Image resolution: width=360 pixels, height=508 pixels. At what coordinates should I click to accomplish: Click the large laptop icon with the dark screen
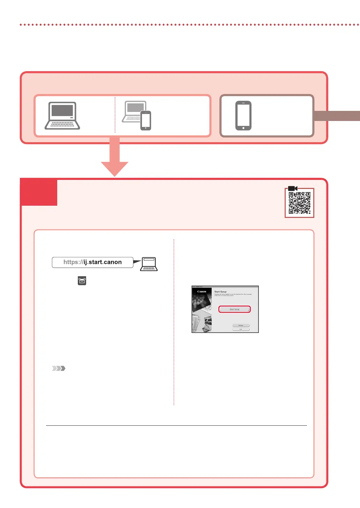[62, 116]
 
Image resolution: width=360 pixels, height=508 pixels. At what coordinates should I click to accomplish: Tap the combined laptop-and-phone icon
[137, 116]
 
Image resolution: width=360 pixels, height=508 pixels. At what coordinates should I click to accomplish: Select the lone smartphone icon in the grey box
[243, 116]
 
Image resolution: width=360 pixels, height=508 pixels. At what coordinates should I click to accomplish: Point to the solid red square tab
[39, 192]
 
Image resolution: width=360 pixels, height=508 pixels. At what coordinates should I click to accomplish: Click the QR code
[299, 203]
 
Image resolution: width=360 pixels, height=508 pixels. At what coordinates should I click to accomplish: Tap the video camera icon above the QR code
[292, 188]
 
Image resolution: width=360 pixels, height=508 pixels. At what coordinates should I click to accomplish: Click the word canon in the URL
[113, 262]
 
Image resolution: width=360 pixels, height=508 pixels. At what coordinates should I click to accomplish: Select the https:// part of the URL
[73, 262]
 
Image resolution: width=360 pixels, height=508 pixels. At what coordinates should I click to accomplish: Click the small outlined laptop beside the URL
[149, 264]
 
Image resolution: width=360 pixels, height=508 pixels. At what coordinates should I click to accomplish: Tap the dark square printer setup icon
[82, 281]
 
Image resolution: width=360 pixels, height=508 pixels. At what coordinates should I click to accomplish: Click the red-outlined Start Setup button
[234, 309]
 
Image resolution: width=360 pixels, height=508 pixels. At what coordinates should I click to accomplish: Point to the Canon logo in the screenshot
[202, 291]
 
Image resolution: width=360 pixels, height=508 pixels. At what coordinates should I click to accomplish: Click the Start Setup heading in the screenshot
[220, 291]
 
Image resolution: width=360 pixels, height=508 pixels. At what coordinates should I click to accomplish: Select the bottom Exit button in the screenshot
[241, 329]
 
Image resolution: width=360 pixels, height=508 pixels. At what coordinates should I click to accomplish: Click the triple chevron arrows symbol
[59, 368]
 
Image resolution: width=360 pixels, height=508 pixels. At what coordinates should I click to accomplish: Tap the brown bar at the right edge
[337, 116]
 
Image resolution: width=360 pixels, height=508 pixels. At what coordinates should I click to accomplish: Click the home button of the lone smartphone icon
[243, 128]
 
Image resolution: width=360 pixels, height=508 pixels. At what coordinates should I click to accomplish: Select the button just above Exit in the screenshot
[241, 325]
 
